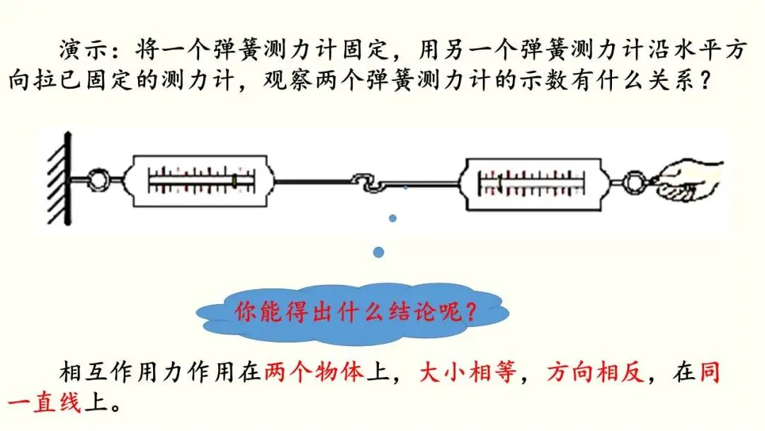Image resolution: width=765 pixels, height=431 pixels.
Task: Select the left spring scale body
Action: click(199, 181)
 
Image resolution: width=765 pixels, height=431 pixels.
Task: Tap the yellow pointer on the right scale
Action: click(500, 184)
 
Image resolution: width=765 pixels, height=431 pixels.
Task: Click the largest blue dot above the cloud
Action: click(379, 252)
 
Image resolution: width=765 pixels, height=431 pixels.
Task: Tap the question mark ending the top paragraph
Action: click(704, 80)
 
